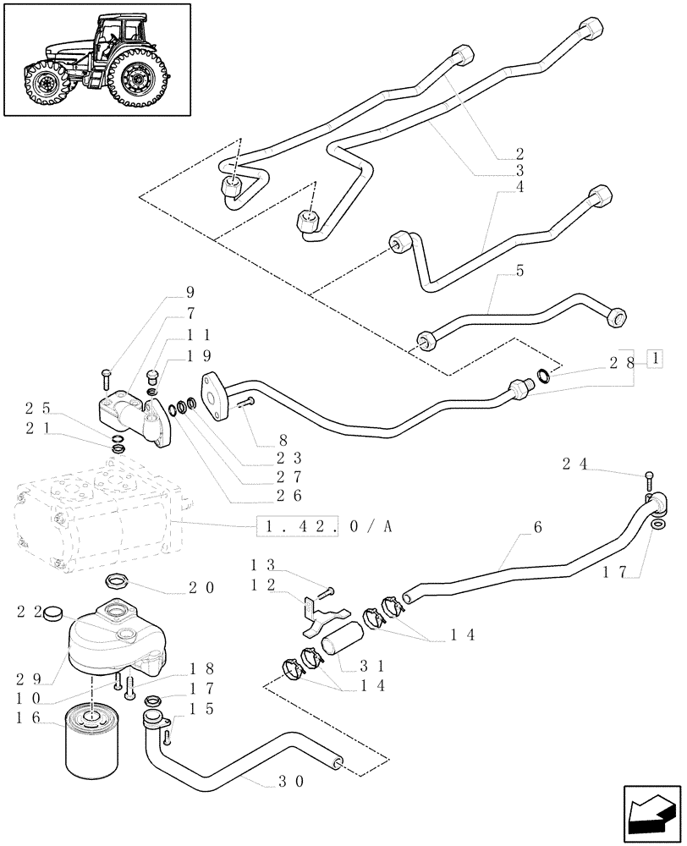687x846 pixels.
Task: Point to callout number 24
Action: coord(575,463)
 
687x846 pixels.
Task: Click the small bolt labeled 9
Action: coord(106,373)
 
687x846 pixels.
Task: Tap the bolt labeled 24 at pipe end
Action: coord(648,480)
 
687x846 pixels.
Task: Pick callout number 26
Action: coord(288,496)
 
